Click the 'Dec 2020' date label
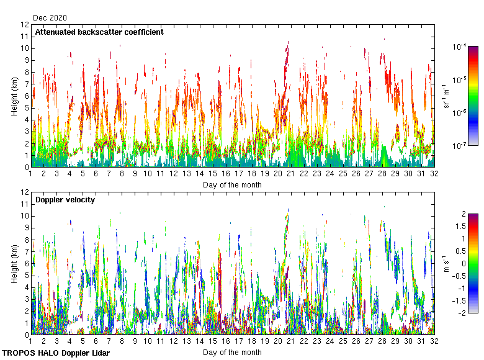50,18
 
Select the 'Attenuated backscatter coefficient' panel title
99,32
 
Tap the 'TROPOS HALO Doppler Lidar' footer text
52,353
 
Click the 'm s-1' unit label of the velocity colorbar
446,263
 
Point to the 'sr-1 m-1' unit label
446,96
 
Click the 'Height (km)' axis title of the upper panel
15,96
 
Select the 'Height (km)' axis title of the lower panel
15,263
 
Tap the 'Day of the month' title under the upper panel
232,184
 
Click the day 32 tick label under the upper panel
434,174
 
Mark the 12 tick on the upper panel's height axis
25,25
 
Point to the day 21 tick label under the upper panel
291,174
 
